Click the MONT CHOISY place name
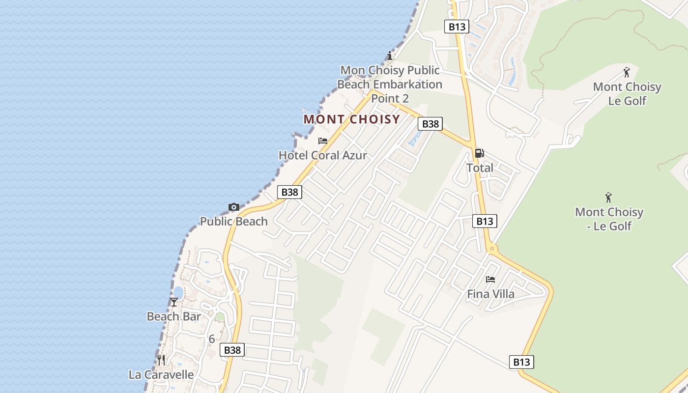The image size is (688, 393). (x=352, y=119)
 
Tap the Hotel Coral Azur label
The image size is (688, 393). (x=323, y=155)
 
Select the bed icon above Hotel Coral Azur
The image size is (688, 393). (x=323, y=140)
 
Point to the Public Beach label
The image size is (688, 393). (x=234, y=221)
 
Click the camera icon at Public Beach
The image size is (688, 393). (x=234, y=207)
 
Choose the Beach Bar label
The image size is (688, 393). (x=174, y=316)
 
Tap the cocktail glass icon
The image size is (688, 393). (x=173, y=302)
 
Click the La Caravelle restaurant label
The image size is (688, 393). (x=161, y=374)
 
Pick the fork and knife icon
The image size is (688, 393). (x=161, y=360)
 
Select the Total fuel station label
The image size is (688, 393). (x=480, y=168)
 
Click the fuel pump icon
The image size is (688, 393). (x=480, y=153)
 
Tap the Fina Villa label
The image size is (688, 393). (x=490, y=294)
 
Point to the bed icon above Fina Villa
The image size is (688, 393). (x=490, y=280)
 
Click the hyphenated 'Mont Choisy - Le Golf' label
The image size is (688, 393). (x=609, y=219)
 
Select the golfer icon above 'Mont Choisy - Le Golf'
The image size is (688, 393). (x=609, y=197)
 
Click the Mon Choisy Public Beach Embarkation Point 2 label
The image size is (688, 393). (x=390, y=84)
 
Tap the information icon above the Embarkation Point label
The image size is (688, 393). (x=390, y=56)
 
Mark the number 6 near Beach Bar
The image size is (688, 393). (x=212, y=338)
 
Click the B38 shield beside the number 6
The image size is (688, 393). (x=232, y=350)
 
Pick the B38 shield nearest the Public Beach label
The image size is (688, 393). (x=289, y=192)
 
